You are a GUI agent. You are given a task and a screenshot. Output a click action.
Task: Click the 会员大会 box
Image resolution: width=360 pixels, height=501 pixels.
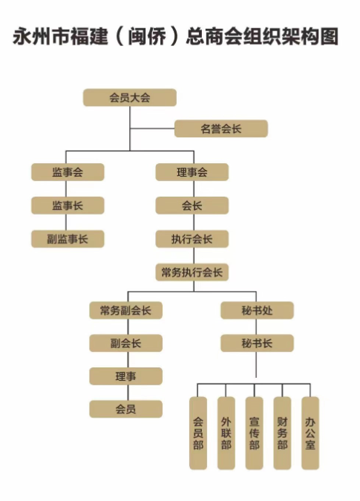130,97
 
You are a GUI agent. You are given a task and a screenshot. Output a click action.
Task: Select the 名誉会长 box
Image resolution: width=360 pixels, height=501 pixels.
221,128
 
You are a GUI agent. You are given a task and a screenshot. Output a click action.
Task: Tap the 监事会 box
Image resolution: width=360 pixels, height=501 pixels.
68,172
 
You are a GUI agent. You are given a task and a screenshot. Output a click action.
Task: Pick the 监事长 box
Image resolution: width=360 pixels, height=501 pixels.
68,206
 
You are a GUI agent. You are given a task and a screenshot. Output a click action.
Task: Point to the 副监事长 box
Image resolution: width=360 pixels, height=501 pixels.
68,239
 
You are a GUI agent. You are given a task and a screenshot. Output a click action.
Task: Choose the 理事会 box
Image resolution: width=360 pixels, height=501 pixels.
192,172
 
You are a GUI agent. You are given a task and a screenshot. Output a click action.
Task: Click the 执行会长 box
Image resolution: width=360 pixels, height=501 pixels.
192,239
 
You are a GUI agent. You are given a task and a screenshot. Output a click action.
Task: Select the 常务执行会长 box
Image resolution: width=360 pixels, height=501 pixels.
192,272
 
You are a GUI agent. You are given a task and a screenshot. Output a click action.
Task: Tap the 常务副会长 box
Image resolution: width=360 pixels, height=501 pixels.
126,310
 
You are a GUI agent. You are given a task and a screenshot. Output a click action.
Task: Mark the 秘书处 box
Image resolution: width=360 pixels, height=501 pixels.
257,310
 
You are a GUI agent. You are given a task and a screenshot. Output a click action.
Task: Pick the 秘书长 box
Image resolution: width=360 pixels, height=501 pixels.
257,343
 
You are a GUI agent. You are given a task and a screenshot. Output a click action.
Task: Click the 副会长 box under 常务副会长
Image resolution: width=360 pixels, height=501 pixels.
126,343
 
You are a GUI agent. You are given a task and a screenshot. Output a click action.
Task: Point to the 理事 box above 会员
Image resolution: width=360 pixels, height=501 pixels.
126,376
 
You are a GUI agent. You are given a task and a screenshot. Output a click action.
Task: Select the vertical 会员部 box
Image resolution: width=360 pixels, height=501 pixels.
198,433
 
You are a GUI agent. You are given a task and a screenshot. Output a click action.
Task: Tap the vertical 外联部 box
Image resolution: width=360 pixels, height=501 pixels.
226,433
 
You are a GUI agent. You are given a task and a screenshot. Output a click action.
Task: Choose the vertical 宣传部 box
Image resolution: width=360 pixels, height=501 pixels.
255,433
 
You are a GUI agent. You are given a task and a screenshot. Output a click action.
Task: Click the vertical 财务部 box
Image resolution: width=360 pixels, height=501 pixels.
282,433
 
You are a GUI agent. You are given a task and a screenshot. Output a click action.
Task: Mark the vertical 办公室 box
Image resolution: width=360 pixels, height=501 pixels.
310,433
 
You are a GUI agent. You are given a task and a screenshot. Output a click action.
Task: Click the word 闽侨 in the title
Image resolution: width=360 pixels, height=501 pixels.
147,36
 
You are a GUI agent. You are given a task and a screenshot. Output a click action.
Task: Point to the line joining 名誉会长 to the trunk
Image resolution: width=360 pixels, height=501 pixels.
152,128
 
